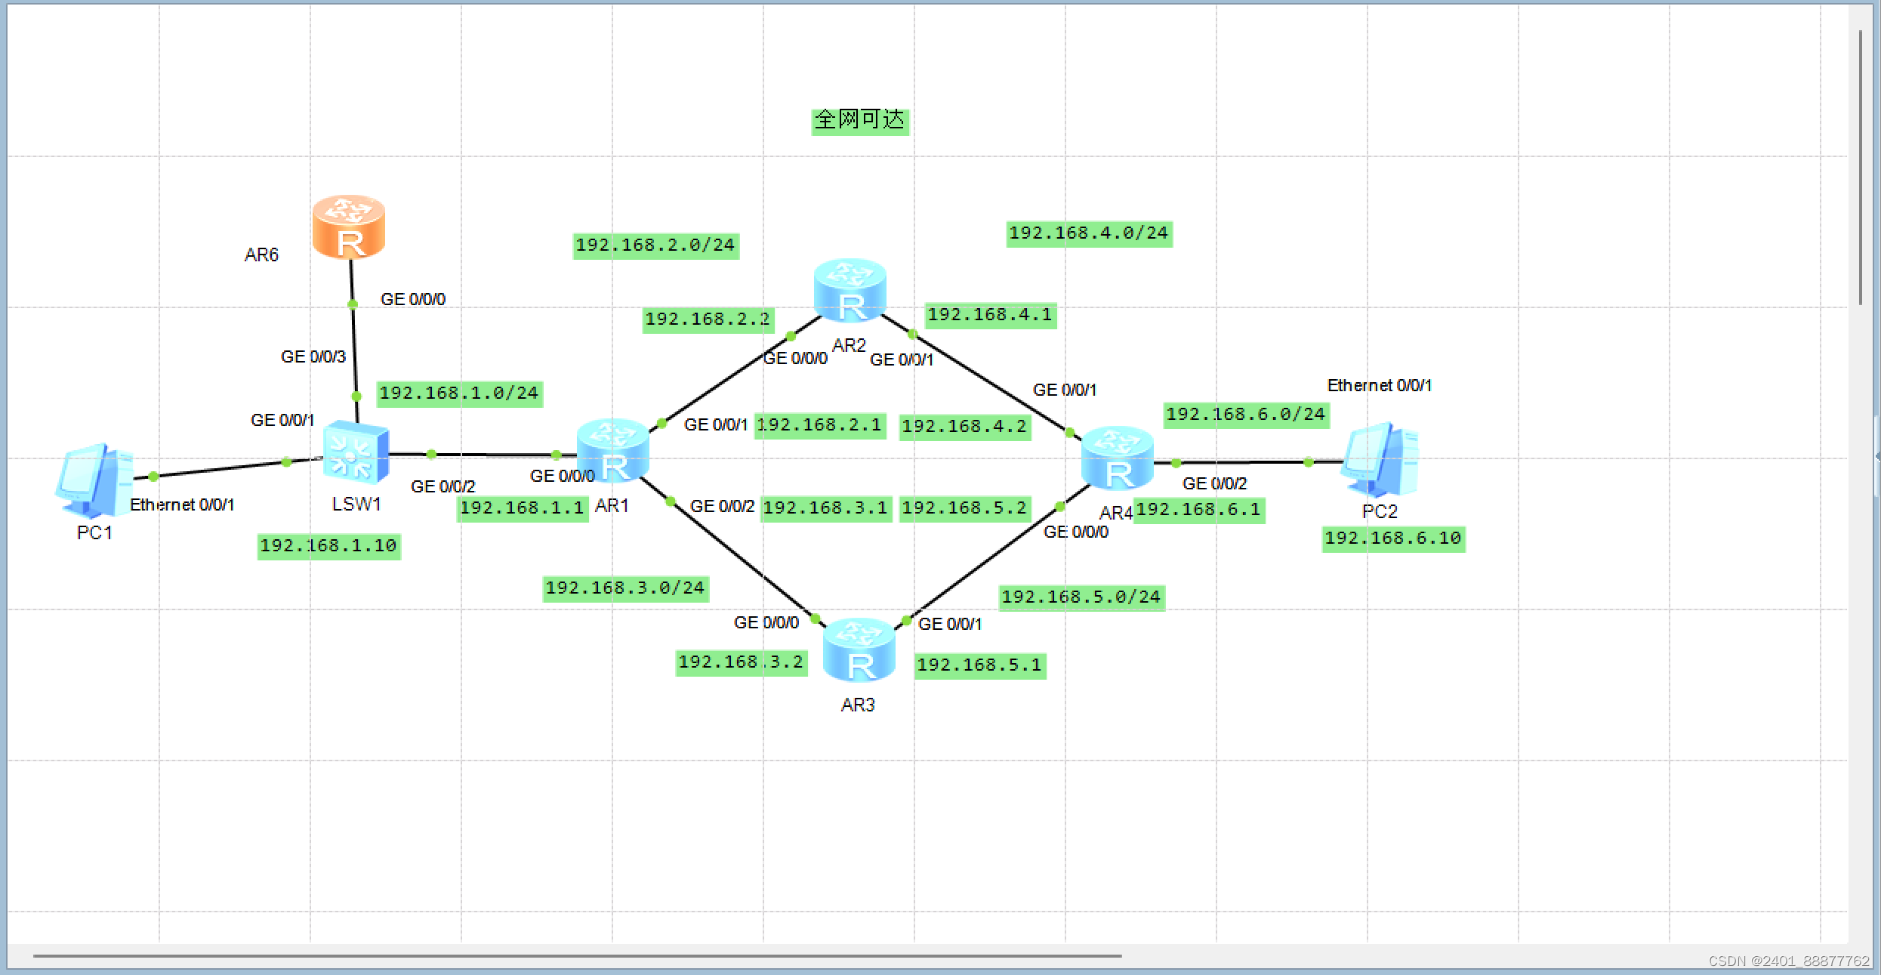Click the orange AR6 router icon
tap(349, 227)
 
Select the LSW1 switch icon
tap(356, 452)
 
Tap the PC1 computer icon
tap(94, 480)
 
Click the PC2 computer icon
tap(1380, 460)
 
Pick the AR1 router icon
tap(612, 451)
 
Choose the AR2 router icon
tap(850, 291)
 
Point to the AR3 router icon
tap(859, 650)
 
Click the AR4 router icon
tap(1117, 458)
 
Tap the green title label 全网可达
tap(859, 120)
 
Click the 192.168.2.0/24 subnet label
tap(655, 245)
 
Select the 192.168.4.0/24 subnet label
tap(1088, 233)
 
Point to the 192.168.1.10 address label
tap(328, 546)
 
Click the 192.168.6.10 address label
tap(1393, 538)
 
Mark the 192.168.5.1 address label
tap(979, 665)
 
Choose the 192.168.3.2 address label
tap(741, 662)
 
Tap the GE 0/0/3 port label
tap(313, 356)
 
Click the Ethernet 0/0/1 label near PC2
tap(1379, 386)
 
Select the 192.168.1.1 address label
tap(522, 508)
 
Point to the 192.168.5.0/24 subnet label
tap(1081, 597)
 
